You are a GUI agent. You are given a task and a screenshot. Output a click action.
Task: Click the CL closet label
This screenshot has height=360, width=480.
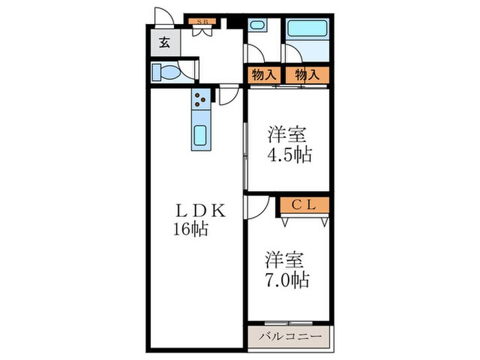click(x=303, y=204)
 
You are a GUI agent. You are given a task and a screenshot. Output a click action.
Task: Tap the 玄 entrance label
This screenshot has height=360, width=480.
click(x=165, y=42)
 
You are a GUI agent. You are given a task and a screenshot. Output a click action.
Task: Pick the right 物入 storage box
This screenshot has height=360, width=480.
click(x=307, y=75)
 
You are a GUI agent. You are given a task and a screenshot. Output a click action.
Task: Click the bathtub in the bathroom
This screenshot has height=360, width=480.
click(x=307, y=29)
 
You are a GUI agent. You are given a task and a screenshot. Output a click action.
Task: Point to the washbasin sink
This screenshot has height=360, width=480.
click(x=257, y=26)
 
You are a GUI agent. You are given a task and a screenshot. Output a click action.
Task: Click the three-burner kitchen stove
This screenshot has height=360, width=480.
click(x=200, y=100)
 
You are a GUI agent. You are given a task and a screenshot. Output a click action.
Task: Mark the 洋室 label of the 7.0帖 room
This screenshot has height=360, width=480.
click(x=282, y=261)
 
